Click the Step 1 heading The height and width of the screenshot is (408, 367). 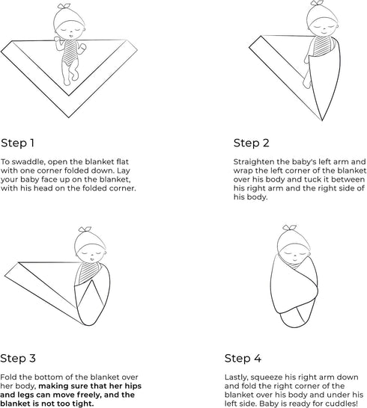point(17,143)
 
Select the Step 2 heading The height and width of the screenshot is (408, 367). point(251,143)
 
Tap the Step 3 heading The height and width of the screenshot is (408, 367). point(18,358)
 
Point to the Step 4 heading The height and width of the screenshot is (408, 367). point(243,358)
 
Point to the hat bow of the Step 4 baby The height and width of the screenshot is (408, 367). point(290,227)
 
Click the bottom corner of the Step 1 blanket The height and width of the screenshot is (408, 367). point(69,117)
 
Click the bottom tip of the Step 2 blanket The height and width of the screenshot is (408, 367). point(322,121)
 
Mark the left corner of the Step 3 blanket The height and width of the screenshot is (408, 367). point(5,275)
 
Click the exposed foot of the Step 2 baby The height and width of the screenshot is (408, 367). point(306,83)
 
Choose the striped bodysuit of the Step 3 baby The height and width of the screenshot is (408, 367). point(88,273)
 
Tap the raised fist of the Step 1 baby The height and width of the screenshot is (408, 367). point(58,39)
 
